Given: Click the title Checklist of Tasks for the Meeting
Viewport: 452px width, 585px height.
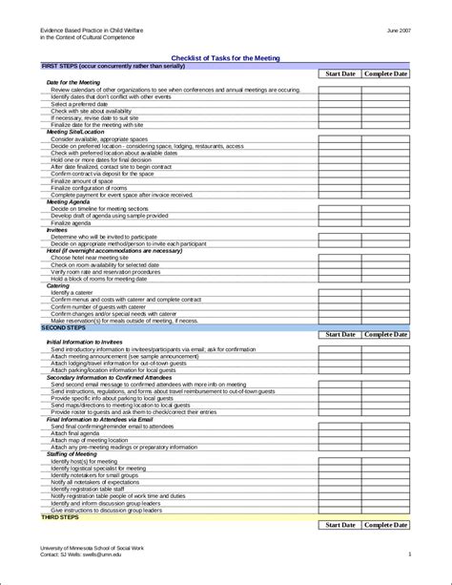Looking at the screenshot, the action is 225,58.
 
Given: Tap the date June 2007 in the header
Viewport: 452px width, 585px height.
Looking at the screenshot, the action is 400,31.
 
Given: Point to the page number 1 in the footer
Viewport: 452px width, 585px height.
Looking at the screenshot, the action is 409,554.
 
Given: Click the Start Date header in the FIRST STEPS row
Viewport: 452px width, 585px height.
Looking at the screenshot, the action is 340,73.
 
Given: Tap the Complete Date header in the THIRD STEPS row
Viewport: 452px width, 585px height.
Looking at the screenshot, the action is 386,525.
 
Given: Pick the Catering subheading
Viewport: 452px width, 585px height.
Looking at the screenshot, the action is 57,285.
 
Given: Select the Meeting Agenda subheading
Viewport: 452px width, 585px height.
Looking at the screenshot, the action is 70,202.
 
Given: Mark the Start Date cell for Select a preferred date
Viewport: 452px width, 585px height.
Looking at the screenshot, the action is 340,104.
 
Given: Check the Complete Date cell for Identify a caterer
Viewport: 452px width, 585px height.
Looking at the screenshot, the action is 386,292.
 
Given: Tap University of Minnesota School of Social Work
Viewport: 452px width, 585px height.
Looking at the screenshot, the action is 91,547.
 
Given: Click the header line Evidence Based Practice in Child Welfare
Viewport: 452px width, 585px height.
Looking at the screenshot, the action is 92,31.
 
